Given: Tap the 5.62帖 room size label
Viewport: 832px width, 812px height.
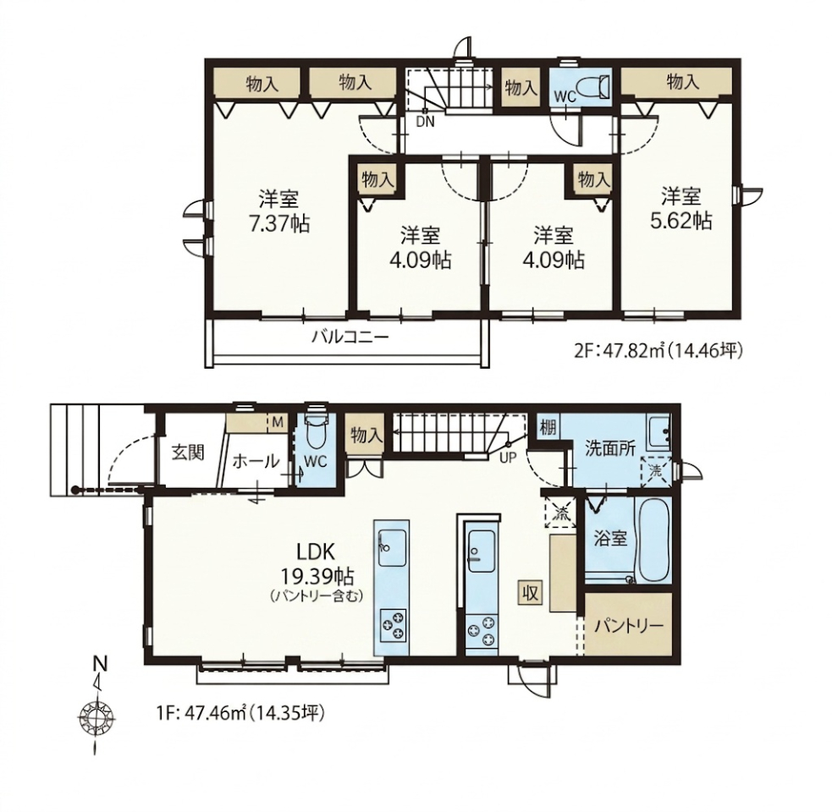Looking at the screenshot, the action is pos(681,221).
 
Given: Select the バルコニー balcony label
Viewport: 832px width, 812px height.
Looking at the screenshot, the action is pos(350,337).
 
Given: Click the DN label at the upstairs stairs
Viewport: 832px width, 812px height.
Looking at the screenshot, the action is pos(425,122).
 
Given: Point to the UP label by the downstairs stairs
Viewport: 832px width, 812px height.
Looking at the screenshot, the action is pos(508,458).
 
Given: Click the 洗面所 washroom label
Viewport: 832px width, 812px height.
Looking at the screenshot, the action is pos(609,449).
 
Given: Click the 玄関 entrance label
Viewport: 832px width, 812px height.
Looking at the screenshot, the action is pos(188,453).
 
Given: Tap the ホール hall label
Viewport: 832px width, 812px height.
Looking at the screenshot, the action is pos(256,461).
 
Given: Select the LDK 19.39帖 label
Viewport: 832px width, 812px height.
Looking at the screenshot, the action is pos(315,562).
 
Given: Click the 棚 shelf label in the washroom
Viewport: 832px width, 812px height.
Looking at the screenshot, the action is pos(548,427).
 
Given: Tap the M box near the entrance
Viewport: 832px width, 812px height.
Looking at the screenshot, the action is pos(278,423).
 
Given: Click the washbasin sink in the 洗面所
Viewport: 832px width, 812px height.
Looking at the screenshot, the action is pos(658,433).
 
